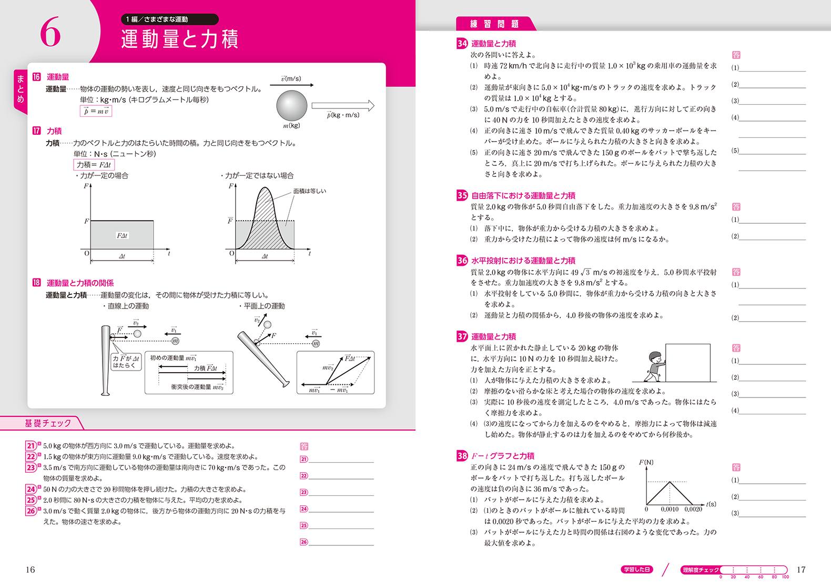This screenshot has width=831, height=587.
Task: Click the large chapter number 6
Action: click(x=50, y=32)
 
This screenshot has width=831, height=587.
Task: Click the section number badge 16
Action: click(x=36, y=77)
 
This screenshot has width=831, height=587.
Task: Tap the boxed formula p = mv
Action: click(x=96, y=111)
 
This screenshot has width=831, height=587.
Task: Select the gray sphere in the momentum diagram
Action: click(x=292, y=106)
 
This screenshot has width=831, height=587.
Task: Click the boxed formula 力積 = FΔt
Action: click(x=94, y=165)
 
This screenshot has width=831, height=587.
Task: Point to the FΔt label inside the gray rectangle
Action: click(x=122, y=235)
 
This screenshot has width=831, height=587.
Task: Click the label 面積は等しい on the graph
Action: click(x=309, y=191)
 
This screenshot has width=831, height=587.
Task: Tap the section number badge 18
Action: click(x=36, y=283)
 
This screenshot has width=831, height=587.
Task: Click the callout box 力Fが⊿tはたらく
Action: click(x=126, y=362)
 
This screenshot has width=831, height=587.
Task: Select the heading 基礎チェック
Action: click(x=48, y=423)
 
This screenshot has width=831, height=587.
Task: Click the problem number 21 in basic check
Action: click(x=31, y=446)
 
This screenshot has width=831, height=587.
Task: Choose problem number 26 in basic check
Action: click(x=31, y=511)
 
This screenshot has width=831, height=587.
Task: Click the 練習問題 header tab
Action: click(x=494, y=24)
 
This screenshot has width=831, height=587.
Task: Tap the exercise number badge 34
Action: click(x=462, y=44)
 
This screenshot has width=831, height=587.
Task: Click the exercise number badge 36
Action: click(x=462, y=261)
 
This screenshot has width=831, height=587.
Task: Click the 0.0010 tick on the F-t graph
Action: click(x=670, y=509)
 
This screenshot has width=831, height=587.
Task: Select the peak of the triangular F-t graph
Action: click(x=670, y=482)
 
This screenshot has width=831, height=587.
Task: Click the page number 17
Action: click(x=800, y=570)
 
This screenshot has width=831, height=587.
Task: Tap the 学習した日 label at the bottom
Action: click(x=637, y=570)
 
